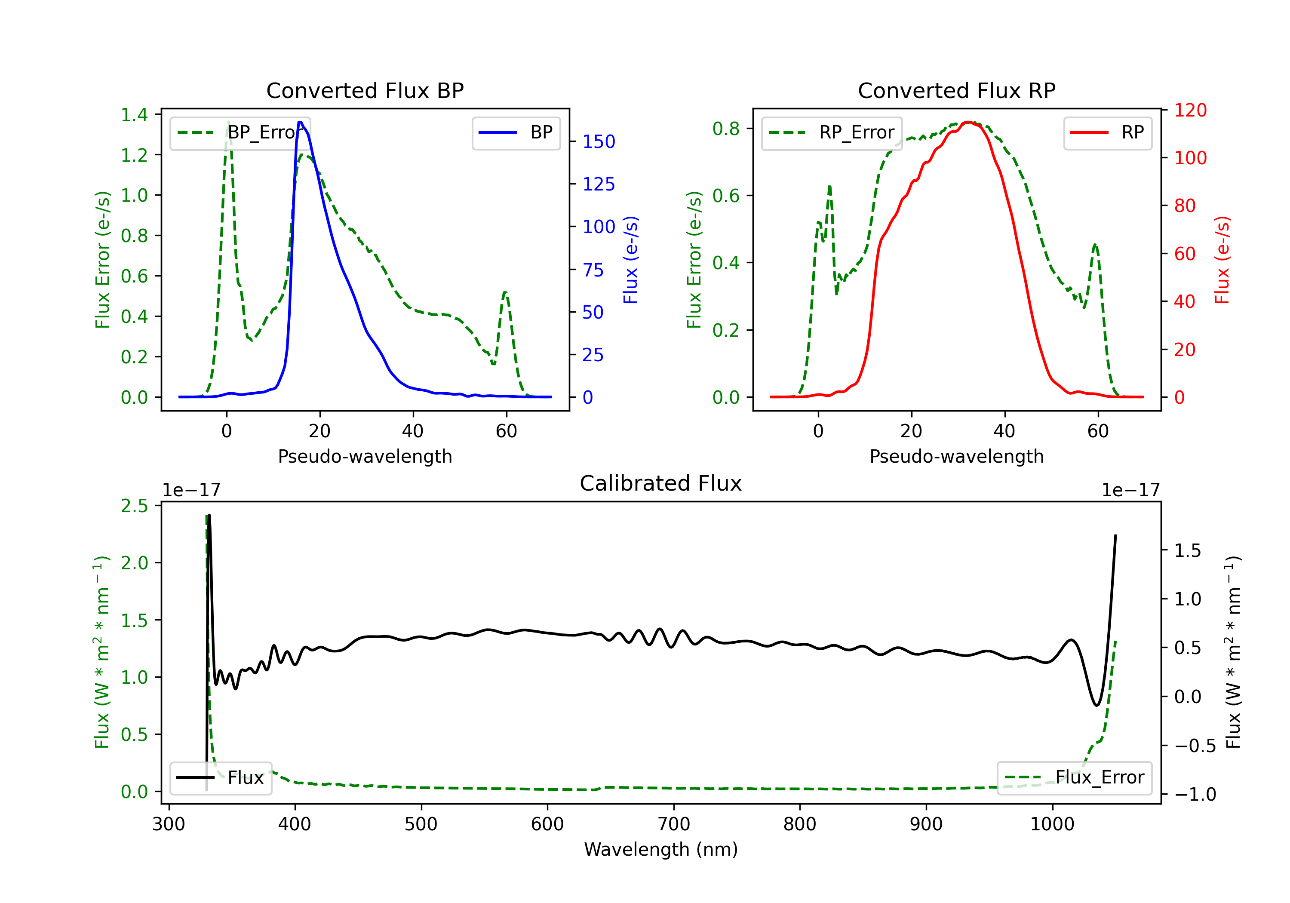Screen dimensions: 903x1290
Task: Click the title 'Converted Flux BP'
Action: [x=365, y=90]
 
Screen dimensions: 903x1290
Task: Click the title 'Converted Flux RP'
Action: [x=956, y=90]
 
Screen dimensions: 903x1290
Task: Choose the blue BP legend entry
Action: [x=516, y=132]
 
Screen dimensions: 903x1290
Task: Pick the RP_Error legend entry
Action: [x=832, y=132]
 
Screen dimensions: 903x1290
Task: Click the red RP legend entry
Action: [x=1107, y=132]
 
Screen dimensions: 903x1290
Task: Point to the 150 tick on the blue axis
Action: [x=599, y=141]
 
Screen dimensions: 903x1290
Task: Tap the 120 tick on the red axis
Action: [x=1190, y=110]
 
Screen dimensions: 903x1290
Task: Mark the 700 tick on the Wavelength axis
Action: [x=674, y=824]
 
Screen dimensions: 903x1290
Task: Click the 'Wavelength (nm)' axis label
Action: [x=661, y=849]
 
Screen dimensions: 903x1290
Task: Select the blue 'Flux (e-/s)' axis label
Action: [x=630, y=260]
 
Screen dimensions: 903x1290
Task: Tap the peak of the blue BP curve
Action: [x=300, y=122]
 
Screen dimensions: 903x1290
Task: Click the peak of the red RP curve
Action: [x=967, y=122]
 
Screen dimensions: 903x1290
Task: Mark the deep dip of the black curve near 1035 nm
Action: [x=1096, y=705]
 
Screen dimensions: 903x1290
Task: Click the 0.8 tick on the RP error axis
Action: [x=726, y=129]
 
